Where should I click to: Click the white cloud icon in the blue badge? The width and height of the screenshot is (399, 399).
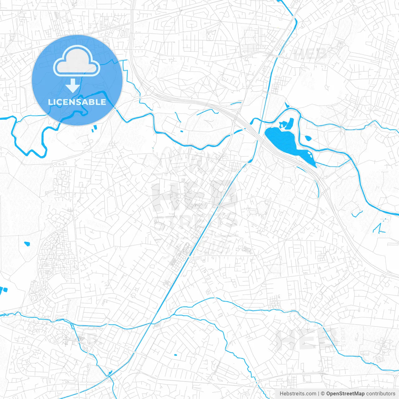click(x=77, y=61)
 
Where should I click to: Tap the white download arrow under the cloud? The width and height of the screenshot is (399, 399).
click(x=73, y=85)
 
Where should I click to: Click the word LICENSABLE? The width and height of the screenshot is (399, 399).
click(x=77, y=102)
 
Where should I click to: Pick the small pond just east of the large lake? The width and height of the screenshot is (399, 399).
click(x=308, y=138)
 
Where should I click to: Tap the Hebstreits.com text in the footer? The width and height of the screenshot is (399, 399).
click(x=298, y=394)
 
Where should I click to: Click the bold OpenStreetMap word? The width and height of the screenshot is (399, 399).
click(x=345, y=394)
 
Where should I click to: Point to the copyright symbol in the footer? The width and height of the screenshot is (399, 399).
click(x=323, y=394)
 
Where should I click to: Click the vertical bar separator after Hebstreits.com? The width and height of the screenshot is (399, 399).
click(x=318, y=394)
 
